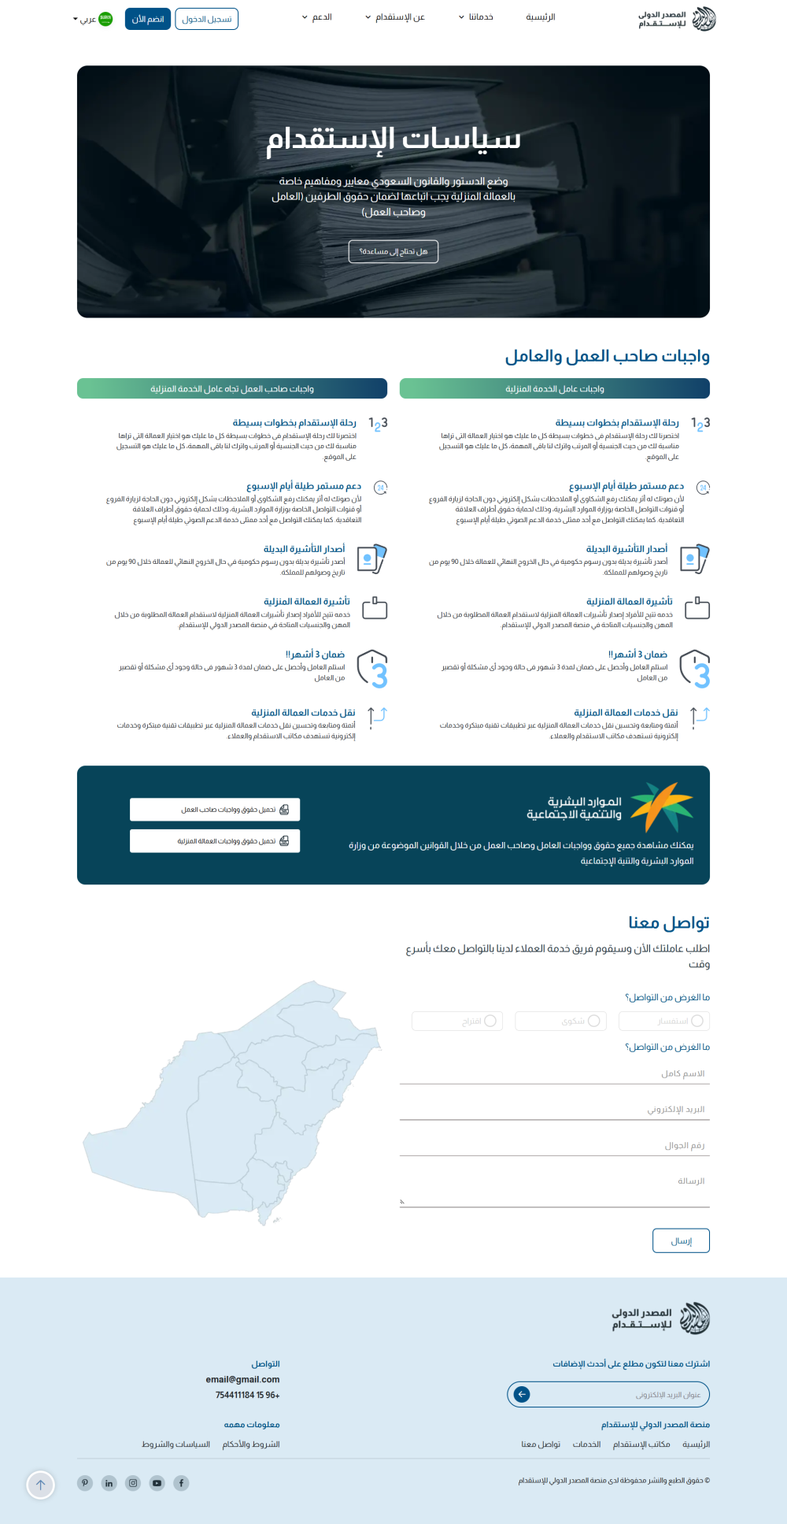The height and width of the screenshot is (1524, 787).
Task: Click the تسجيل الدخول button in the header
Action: click(x=206, y=19)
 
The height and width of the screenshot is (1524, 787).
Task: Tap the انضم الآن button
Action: click(x=148, y=19)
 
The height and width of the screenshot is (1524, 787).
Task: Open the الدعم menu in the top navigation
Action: click(x=317, y=17)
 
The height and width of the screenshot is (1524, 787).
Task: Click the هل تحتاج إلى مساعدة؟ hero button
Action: click(x=393, y=251)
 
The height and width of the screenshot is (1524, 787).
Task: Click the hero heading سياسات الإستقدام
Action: click(x=393, y=139)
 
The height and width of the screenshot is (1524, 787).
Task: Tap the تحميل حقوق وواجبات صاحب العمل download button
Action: click(x=215, y=810)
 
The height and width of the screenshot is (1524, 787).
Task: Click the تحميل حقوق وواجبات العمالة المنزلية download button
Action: click(x=215, y=841)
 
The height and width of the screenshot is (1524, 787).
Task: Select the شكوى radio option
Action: click(x=593, y=1021)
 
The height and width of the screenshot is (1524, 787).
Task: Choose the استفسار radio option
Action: click(x=696, y=1021)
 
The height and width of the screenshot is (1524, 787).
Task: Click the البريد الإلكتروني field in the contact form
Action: click(x=555, y=1110)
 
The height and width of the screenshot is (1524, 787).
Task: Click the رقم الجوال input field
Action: click(x=555, y=1146)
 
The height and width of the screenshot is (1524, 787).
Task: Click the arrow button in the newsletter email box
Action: click(x=522, y=1395)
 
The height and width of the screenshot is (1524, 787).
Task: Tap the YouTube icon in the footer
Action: click(x=157, y=1483)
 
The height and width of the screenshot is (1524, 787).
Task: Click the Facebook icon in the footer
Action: click(x=181, y=1483)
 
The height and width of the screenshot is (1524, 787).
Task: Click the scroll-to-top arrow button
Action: click(x=41, y=1485)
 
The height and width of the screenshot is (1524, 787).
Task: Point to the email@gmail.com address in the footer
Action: click(x=242, y=1379)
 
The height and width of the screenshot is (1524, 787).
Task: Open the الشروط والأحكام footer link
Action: click(x=251, y=1444)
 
